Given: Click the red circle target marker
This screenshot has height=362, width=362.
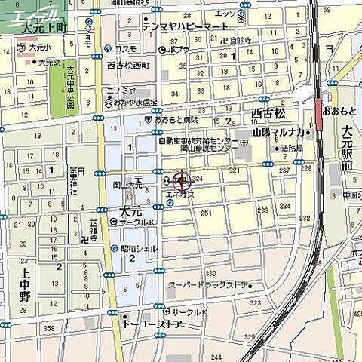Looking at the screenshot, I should (182, 181).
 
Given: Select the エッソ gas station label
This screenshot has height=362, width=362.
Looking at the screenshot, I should (225, 13).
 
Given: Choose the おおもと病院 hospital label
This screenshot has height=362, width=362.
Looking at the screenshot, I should (175, 119).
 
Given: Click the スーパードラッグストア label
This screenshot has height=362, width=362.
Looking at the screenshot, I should (207, 285).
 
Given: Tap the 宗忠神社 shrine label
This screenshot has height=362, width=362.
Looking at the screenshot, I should (74, 181).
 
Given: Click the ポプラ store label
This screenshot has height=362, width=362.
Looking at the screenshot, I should (178, 49).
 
